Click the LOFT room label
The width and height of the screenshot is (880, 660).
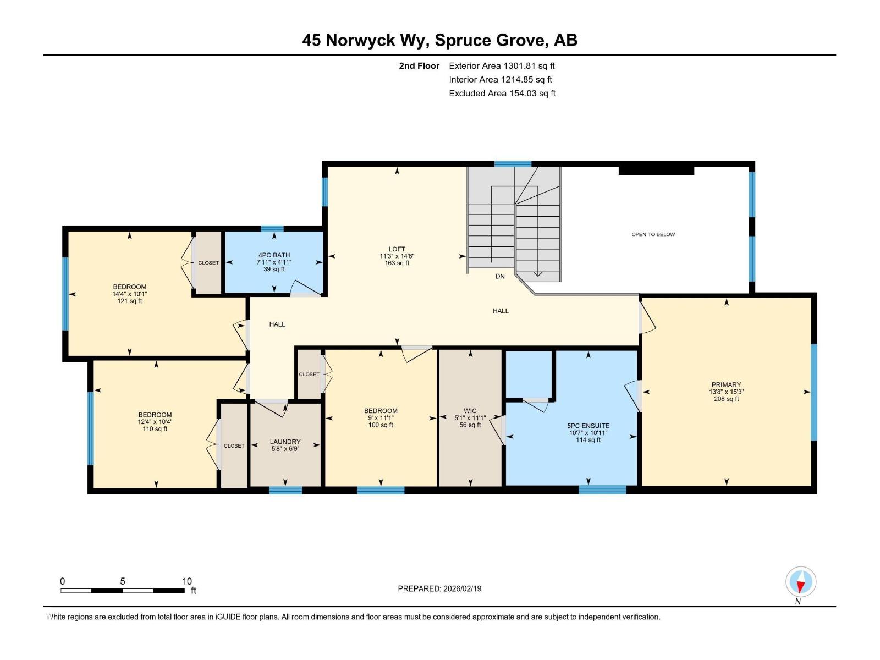point(397,249)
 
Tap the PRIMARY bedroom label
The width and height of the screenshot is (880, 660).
point(726,385)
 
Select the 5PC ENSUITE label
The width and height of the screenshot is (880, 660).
point(588,426)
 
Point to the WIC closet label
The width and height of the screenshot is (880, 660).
point(470,411)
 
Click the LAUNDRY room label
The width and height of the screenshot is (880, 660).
point(285,442)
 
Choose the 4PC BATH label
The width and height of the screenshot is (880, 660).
point(274,255)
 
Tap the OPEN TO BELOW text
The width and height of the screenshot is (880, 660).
point(653,234)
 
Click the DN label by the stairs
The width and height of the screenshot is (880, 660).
point(499,276)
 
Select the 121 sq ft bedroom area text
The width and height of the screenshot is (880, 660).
point(130,301)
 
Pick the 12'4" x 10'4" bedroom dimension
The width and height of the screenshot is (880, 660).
point(155,422)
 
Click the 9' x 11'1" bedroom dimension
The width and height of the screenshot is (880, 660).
point(381,418)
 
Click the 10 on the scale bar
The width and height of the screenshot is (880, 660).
point(187,581)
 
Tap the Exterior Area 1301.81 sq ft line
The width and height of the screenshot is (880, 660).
point(502,66)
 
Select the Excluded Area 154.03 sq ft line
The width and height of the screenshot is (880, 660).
point(502,94)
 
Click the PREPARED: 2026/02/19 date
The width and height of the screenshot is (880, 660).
point(439,588)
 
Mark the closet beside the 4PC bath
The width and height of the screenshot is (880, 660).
point(208,262)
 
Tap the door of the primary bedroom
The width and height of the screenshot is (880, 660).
point(647,318)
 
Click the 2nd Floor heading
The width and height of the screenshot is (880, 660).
point(419,66)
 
